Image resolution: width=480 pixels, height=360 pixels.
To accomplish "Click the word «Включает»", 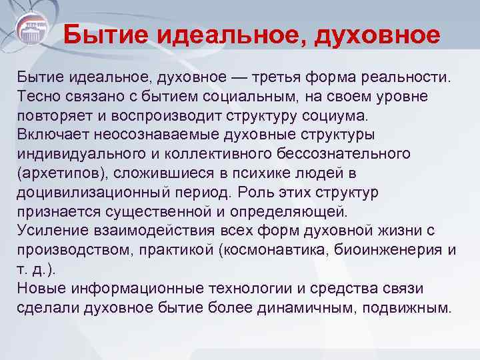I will click(53, 135).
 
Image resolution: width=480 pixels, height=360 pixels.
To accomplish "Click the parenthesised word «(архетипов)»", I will click(60, 173).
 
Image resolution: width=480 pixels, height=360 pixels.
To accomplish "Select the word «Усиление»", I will click(51, 231).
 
